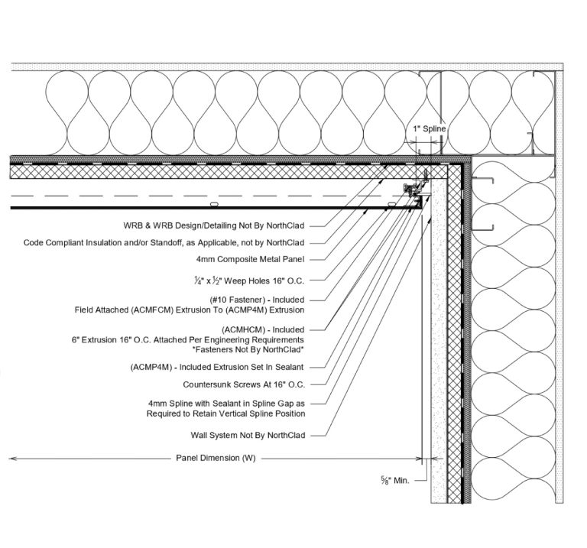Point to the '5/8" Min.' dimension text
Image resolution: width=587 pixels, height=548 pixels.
click(395, 481)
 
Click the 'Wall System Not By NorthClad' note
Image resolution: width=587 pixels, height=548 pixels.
click(248, 436)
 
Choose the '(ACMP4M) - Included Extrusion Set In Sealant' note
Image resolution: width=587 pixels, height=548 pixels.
click(217, 368)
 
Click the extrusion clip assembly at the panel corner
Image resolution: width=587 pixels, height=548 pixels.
click(414, 191)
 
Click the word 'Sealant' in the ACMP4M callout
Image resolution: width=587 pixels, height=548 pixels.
click(287, 368)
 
